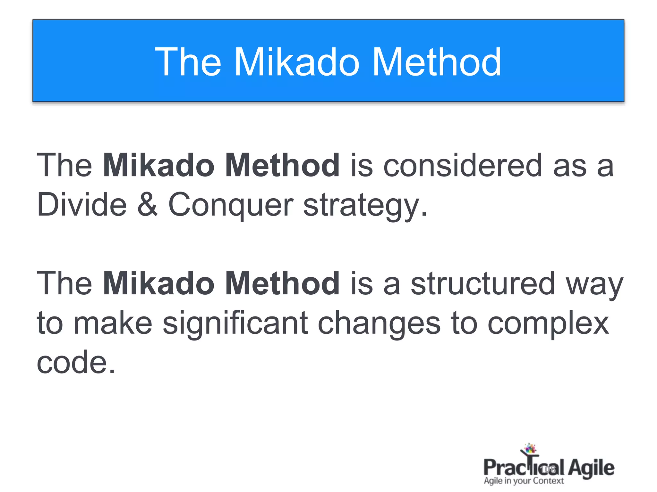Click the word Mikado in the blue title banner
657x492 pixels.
(297, 62)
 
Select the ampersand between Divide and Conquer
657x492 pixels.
(147, 204)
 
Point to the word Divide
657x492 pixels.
(82, 204)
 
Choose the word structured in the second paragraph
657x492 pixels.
(483, 283)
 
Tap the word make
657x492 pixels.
(113, 323)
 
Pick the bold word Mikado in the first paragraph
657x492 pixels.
(158, 166)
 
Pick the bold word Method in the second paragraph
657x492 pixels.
(282, 283)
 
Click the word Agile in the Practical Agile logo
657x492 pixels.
(591, 468)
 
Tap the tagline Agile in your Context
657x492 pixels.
(524, 481)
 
